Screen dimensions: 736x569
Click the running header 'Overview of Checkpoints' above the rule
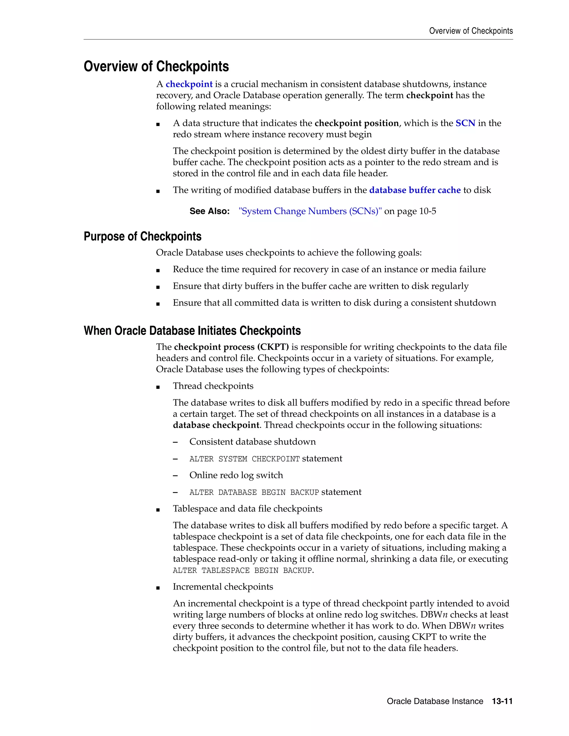[471, 31]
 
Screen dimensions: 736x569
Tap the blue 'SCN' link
[465, 123]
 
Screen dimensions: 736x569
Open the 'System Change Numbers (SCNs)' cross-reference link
[310, 211]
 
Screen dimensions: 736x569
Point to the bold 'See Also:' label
[209, 211]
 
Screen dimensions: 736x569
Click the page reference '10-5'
[427, 211]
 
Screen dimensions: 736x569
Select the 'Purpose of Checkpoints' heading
[142, 236]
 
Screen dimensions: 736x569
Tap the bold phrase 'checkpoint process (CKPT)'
[231, 347]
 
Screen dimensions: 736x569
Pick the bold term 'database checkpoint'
[216, 425]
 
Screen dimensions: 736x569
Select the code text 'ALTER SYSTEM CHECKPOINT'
[244, 459]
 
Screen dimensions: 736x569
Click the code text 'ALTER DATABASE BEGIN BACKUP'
[254, 492]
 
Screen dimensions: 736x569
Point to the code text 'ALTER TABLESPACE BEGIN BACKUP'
[242, 570]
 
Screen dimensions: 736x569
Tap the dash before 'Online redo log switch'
[175, 475]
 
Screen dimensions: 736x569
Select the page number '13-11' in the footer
[502, 701]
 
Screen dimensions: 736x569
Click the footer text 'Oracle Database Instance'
[435, 701]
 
